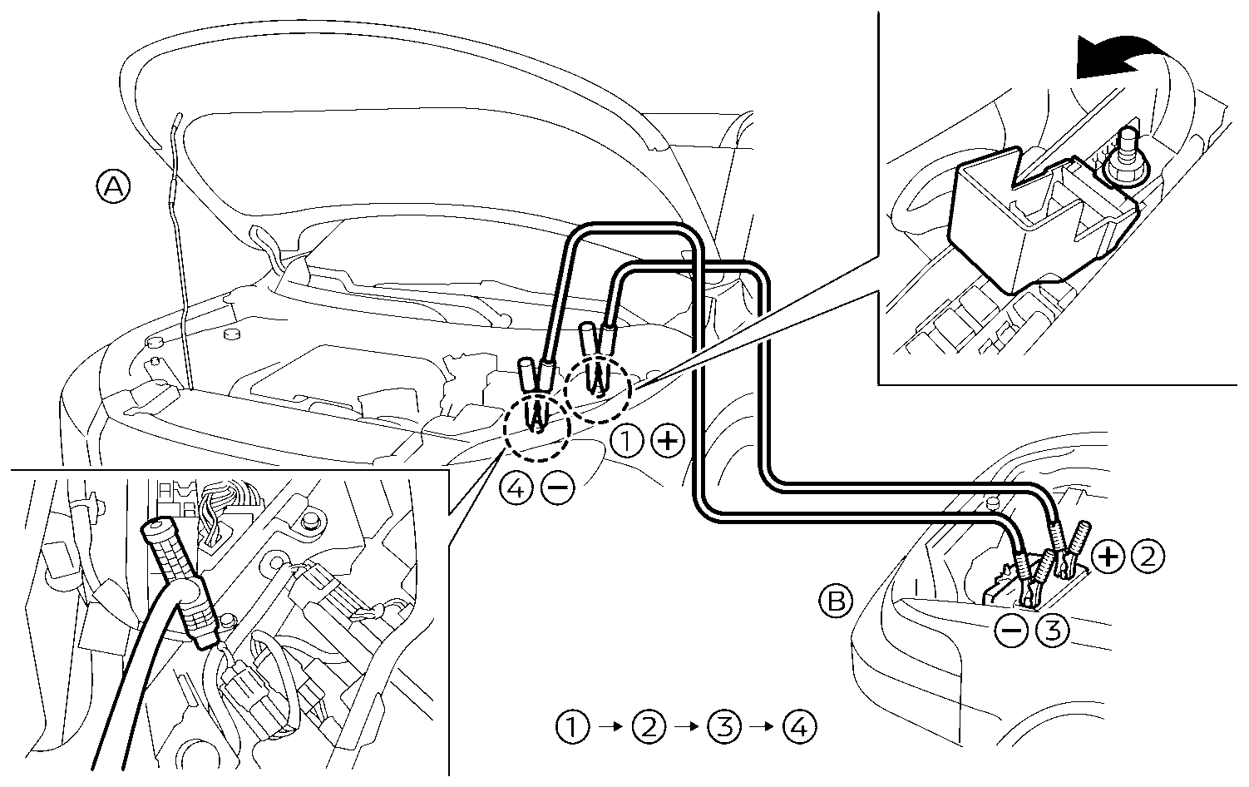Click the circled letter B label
coord(836,601)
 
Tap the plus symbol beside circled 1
coord(667,441)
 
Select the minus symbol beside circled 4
coord(556,488)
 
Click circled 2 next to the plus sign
coord(1148,557)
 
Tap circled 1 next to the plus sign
coord(627,441)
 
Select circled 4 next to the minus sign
coord(516,488)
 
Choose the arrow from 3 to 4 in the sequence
coord(762,727)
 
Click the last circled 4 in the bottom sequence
coord(799,727)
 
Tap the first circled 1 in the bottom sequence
coord(573,727)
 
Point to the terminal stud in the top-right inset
coord(1128,150)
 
